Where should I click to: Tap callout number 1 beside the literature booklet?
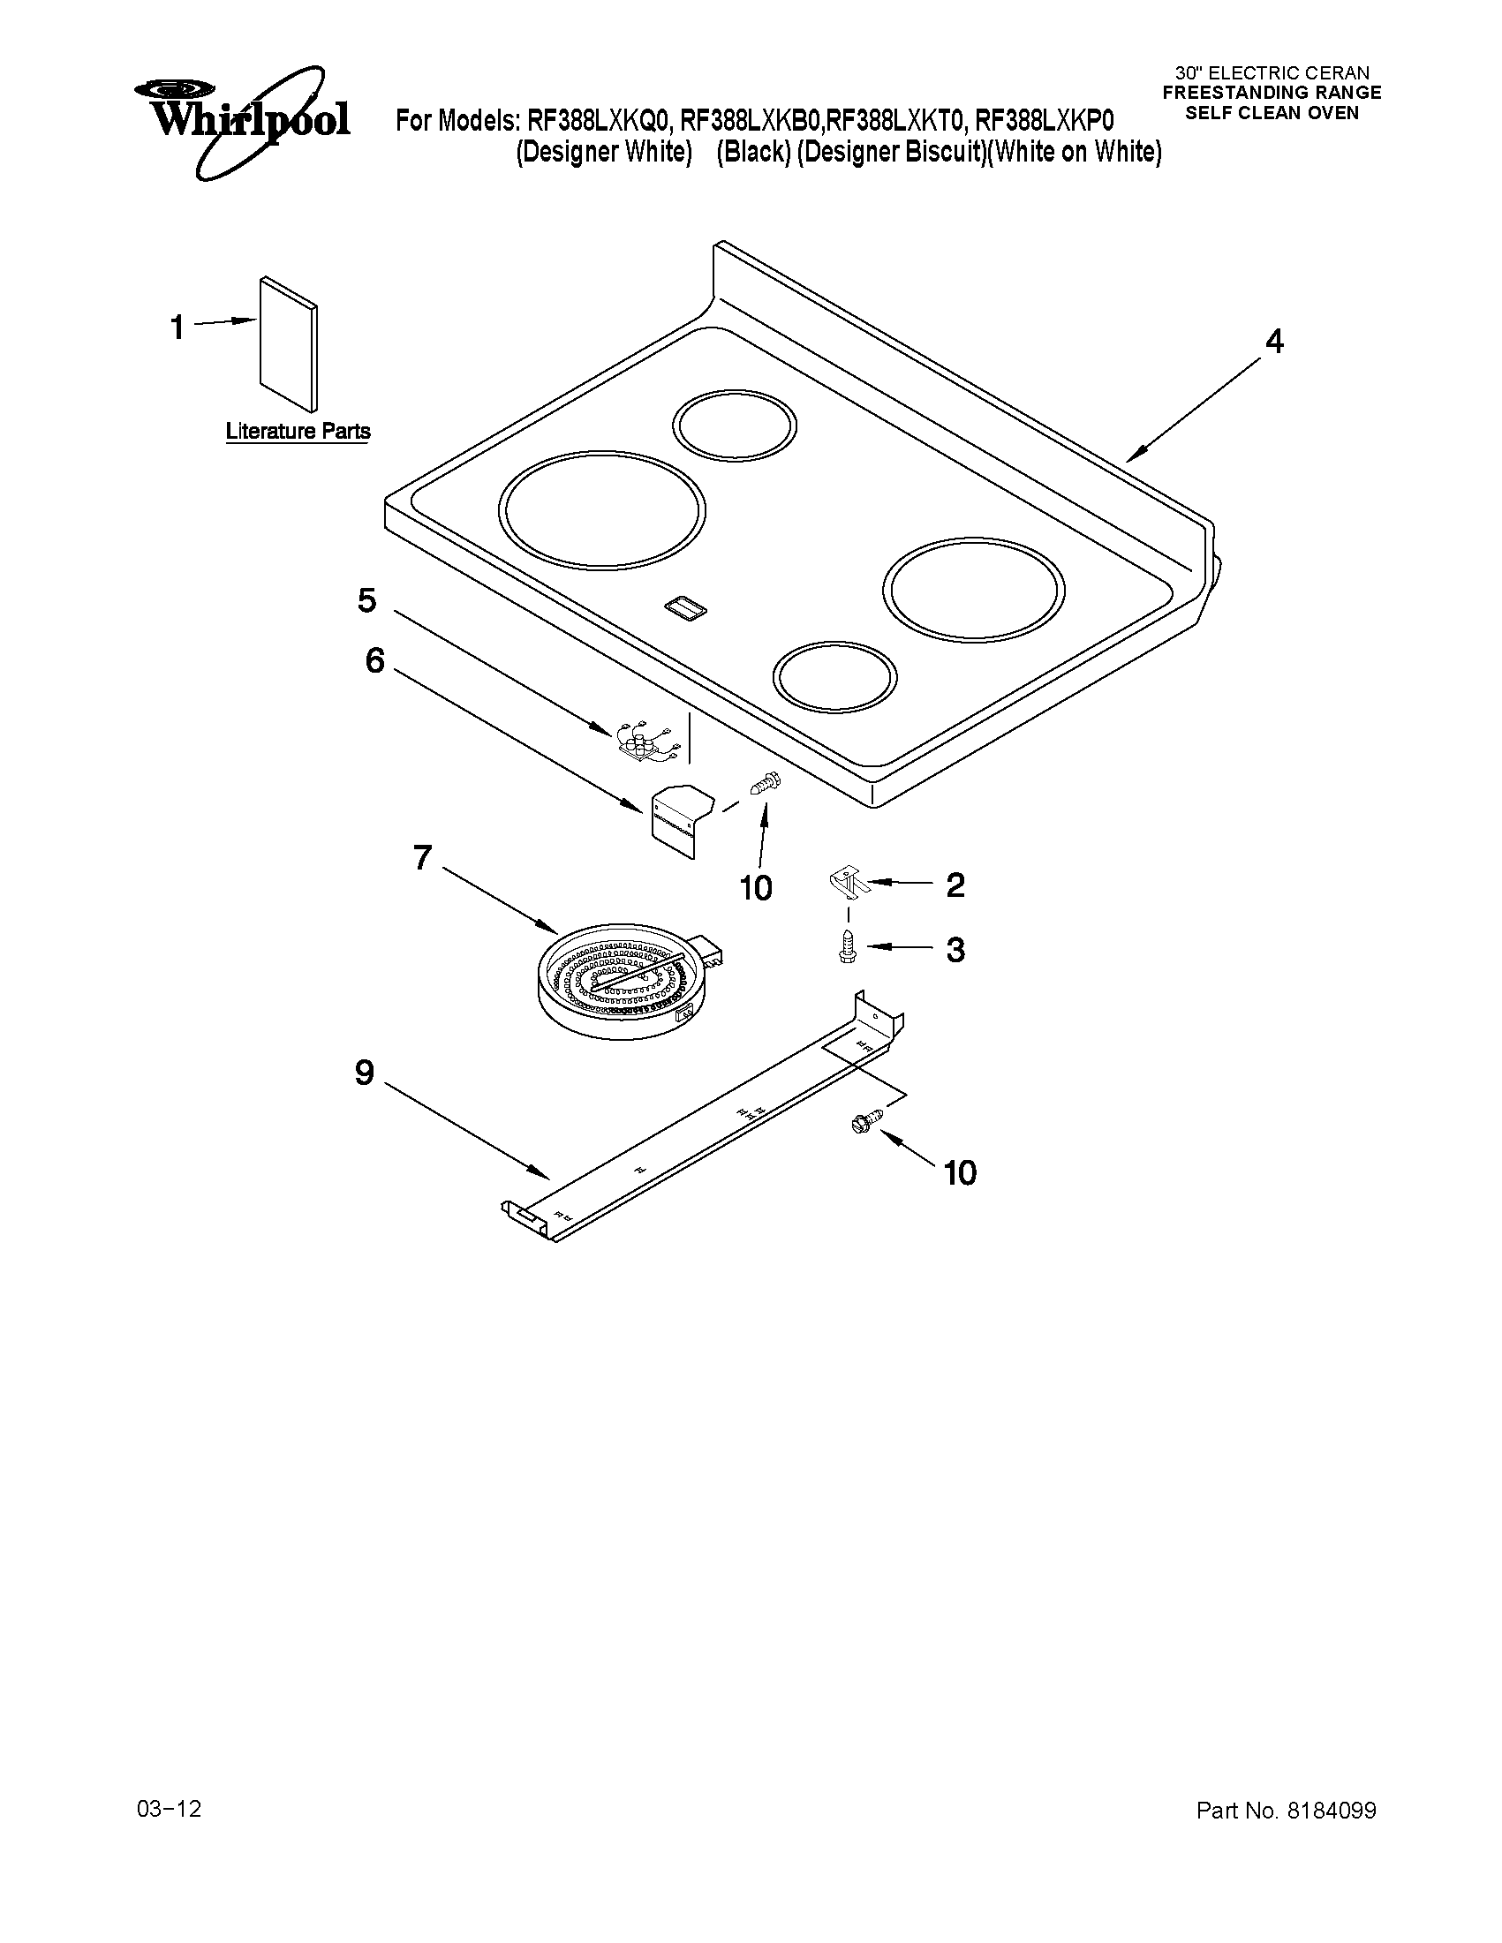[x=178, y=327]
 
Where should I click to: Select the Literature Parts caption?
[x=298, y=432]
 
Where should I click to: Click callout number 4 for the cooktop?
[x=1274, y=341]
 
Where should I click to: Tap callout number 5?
[x=366, y=600]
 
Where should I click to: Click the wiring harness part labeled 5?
[x=648, y=742]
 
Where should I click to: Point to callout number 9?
[x=365, y=1073]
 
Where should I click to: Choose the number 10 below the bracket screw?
[x=757, y=887]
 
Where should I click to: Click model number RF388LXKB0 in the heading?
[x=750, y=120]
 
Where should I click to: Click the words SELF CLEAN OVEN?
[x=1272, y=113]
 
